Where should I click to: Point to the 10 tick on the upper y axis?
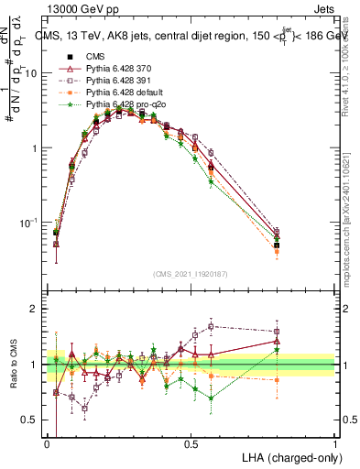click(x=37, y=73)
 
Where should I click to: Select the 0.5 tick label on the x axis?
click(x=191, y=444)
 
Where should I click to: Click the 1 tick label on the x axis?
click(x=335, y=444)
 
